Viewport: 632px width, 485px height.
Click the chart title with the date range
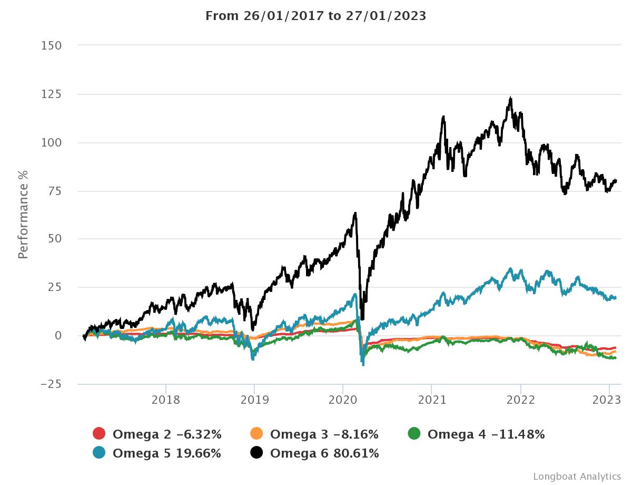(315, 16)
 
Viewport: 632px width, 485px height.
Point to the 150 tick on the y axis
(51, 46)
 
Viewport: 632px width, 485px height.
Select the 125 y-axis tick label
(51, 94)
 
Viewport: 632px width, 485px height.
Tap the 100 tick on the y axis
(51, 143)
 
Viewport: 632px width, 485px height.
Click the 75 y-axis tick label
(54, 191)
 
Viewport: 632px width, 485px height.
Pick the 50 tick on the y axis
(54, 239)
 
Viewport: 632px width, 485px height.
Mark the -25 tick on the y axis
(51, 384)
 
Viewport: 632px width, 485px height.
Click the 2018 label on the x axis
(166, 400)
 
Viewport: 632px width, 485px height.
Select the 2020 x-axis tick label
(343, 400)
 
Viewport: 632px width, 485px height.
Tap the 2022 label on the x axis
(520, 400)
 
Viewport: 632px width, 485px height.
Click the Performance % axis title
(23, 215)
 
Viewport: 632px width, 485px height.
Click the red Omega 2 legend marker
(98, 434)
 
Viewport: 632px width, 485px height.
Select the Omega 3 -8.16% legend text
(324, 434)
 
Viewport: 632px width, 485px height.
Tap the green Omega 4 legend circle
(414, 434)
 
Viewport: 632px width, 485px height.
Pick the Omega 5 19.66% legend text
(166, 453)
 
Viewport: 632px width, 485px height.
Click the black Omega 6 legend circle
(256, 453)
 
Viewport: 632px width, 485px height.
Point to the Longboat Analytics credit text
(577, 477)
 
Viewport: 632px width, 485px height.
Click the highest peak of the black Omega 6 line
(510, 98)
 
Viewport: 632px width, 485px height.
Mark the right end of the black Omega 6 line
(616, 181)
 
